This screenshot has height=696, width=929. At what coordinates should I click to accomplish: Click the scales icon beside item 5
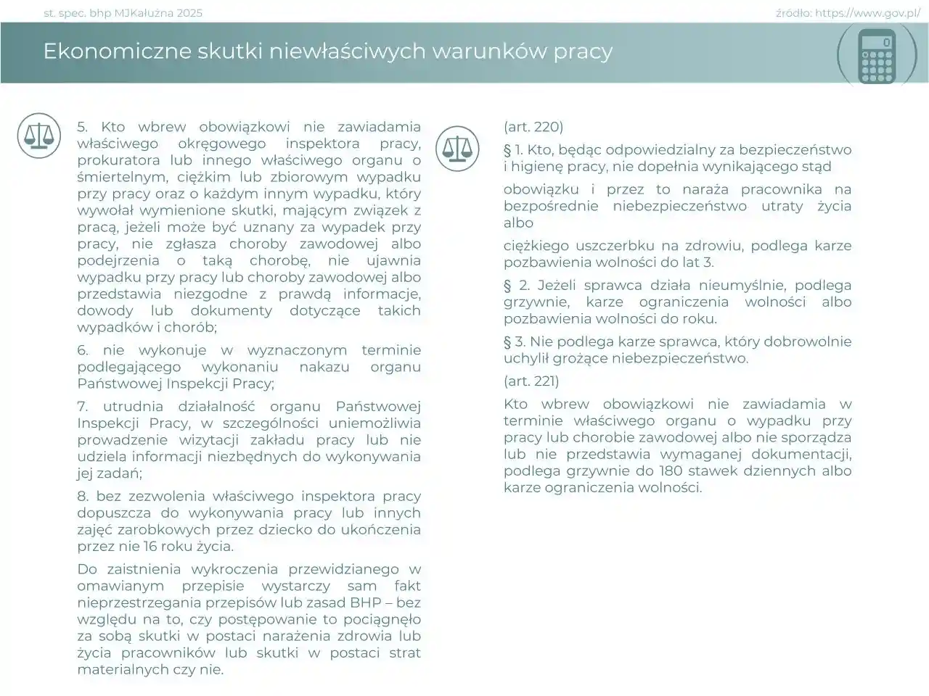coord(38,136)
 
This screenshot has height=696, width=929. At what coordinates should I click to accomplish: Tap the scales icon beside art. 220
coord(457,149)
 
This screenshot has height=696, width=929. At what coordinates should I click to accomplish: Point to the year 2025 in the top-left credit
coord(189,13)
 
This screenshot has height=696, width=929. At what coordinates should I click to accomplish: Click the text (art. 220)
coord(533,127)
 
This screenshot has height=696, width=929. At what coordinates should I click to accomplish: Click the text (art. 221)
coord(531,381)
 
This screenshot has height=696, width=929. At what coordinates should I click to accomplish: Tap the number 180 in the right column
coord(671,471)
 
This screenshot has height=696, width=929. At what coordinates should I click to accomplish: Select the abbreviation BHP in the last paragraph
coord(366,602)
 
